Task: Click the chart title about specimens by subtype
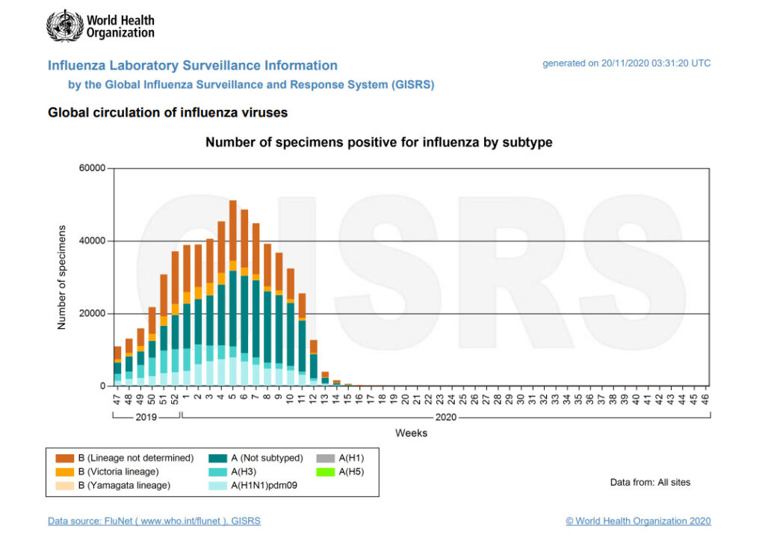[x=379, y=142]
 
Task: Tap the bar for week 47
[x=117, y=366]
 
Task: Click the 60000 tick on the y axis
[x=93, y=168]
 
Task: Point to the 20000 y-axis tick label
[x=93, y=314]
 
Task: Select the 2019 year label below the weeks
[x=146, y=418]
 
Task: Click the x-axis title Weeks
[x=411, y=433]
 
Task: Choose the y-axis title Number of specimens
[x=62, y=277]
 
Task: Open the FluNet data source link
[x=154, y=521]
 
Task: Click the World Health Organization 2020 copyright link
[x=638, y=521]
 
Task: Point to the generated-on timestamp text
[x=626, y=64]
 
